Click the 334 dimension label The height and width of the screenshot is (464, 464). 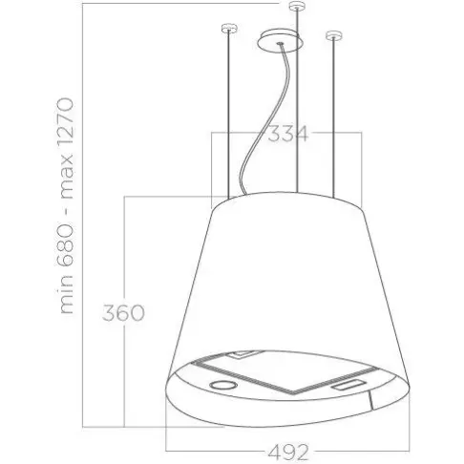288,134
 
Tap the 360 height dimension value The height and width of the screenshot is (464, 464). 123,312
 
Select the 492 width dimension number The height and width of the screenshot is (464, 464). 288,452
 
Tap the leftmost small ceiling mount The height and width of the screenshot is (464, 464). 230,28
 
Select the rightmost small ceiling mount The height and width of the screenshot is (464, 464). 334,35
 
